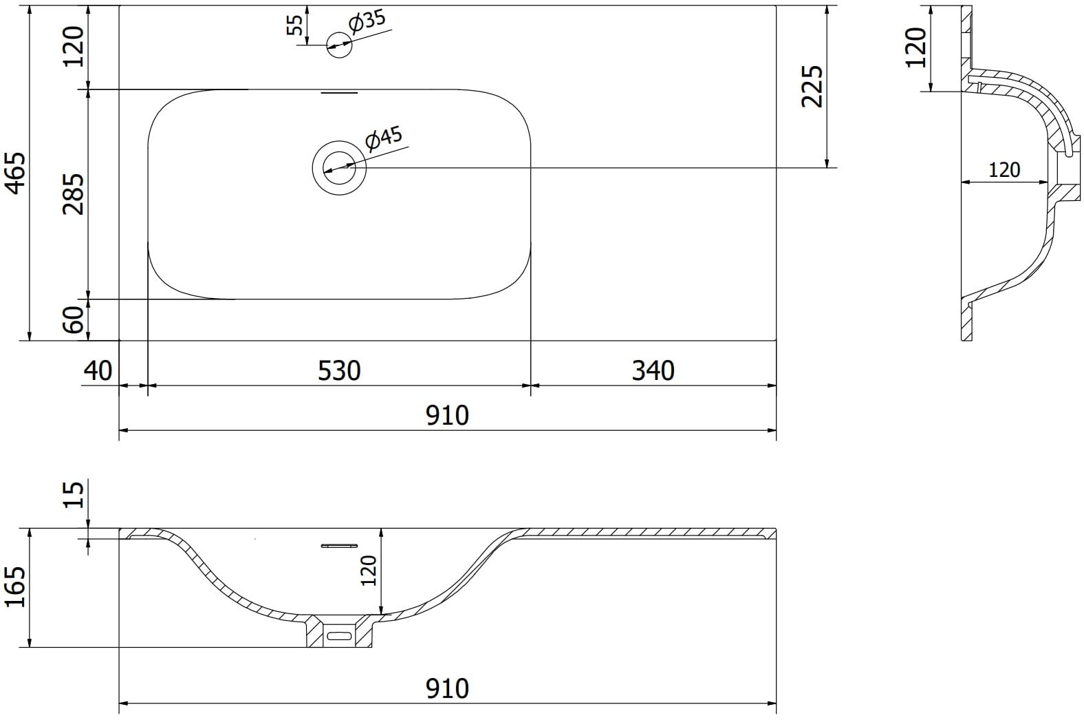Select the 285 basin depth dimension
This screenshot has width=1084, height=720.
73,193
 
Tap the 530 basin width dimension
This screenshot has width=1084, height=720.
339,371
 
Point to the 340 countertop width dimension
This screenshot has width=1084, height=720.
653,371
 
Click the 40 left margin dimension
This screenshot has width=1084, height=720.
98,371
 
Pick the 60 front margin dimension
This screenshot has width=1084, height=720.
73,319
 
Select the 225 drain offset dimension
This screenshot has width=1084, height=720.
812,86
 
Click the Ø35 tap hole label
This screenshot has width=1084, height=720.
367,22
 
